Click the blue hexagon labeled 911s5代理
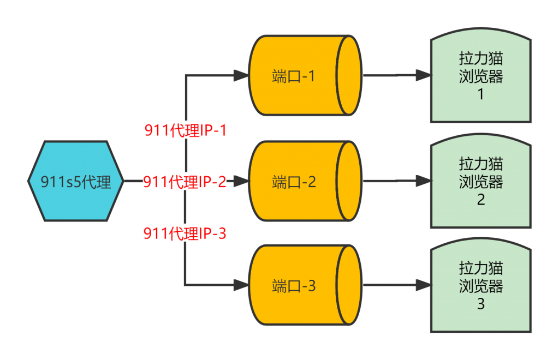pos(75,181)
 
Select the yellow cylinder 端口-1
pos(305,75)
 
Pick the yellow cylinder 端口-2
pos(305,181)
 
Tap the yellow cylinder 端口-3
pos(305,285)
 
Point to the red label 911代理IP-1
pos(186,130)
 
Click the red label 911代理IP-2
pos(185,182)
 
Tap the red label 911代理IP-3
pos(185,233)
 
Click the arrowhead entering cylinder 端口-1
pos(241,75)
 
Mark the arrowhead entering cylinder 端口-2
pos(241,181)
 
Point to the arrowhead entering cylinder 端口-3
pos(241,285)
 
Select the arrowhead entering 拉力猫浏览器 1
pos(424,75)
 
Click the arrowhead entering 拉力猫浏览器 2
pos(424,181)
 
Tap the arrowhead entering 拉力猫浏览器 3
pos(424,285)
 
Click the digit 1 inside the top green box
pos(480,94)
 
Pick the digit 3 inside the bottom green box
pos(480,304)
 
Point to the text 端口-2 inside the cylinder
pos(294,182)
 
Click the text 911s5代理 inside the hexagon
pos(75,182)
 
